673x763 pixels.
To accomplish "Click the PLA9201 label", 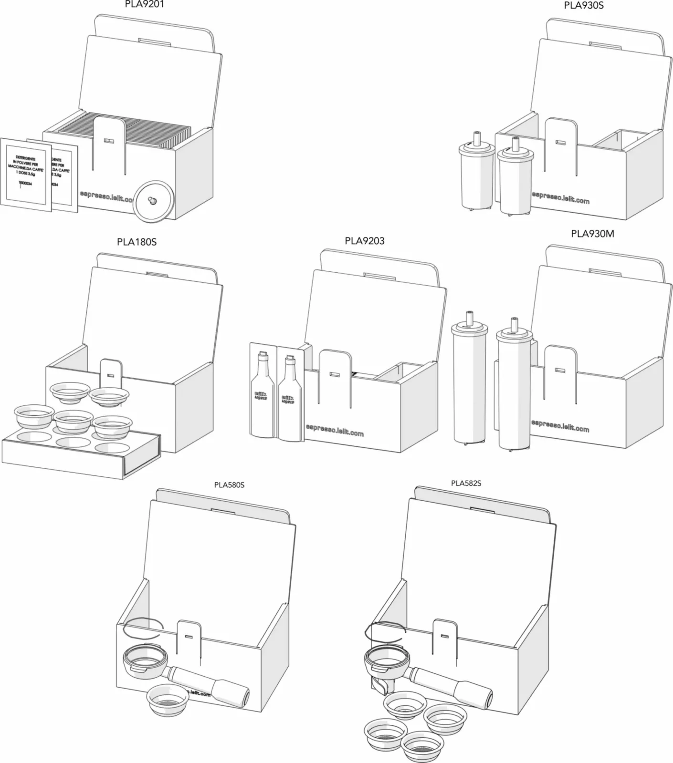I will tap(144, 4).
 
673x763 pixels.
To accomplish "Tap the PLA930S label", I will tap(583, 6).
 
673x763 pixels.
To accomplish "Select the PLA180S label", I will tap(137, 242).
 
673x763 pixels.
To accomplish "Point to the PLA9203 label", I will tap(365, 241).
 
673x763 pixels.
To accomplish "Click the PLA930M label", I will tap(592, 234).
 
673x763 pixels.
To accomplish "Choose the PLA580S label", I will tap(229, 485).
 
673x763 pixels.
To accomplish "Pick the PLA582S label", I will tap(466, 483).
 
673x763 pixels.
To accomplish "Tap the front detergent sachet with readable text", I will tap(26, 174).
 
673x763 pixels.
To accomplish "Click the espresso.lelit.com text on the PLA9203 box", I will tap(335, 430).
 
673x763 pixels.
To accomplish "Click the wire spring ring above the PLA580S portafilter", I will tap(143, 626).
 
